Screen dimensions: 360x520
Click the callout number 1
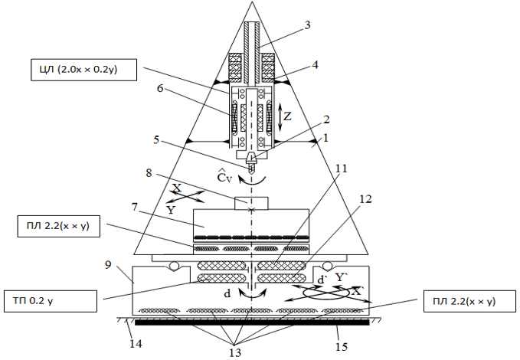[x=325, y=139]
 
